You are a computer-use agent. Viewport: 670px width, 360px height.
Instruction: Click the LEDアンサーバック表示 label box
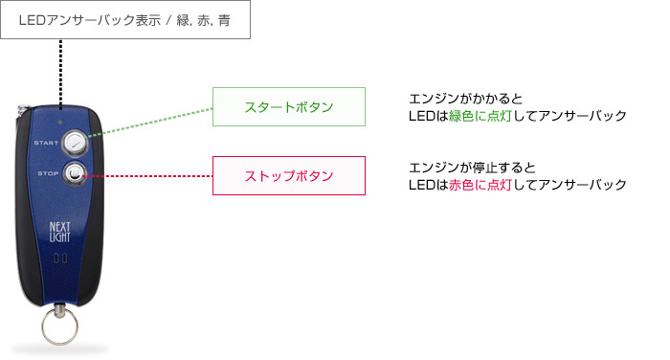coord(125,19)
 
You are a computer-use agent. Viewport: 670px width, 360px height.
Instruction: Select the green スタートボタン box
coord(289,106)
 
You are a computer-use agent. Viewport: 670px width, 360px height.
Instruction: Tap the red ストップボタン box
coord(289,176)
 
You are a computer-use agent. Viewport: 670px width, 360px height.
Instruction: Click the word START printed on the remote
coord(46,144)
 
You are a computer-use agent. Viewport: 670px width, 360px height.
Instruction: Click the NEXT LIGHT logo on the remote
coord(60,233)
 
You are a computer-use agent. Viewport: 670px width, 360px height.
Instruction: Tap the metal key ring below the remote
coord(63,326)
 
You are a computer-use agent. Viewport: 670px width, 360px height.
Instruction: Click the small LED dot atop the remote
coord(62,124)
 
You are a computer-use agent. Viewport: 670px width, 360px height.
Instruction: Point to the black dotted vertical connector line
coord(62,72)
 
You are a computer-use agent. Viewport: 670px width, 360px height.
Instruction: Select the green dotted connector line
coord(153,124)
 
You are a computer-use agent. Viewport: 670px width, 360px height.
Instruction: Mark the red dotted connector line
coord(153,176)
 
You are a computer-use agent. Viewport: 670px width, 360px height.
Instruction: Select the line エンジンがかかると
coord(464,98)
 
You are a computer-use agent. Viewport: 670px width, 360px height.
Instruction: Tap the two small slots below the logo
coord(59,259)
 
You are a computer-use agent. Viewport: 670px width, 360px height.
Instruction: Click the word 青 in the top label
coord(223,20)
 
